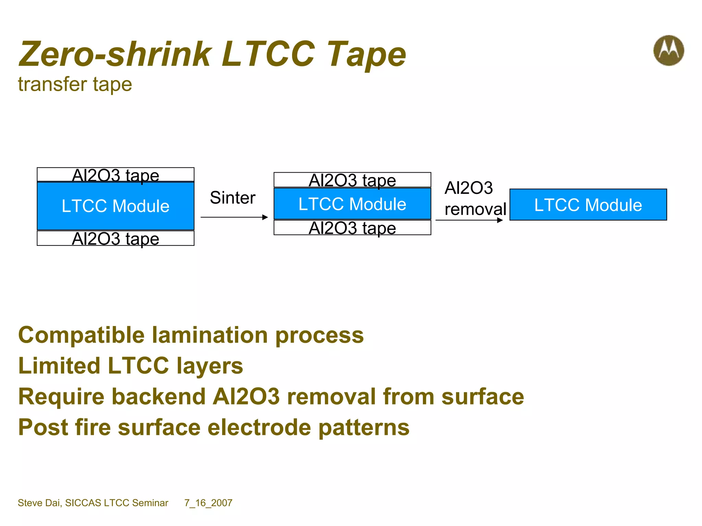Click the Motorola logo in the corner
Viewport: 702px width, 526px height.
coord(668,50)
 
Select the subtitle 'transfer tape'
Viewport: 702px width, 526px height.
coord(75,84)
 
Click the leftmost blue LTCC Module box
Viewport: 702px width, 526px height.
coord(116,206)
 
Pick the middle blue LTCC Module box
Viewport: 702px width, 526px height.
coord(352,204)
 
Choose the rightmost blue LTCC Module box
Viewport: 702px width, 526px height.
coord(588,205)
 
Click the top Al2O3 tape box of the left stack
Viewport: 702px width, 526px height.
coord(116,175)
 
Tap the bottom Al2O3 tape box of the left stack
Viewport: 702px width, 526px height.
coord(116,238)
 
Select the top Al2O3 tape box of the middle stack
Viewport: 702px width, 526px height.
coord(352,180)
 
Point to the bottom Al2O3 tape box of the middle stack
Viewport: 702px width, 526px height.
coord(352,228)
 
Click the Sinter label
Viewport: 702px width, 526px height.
coord(232,198)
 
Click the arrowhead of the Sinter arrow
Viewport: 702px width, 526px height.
coord(265,217)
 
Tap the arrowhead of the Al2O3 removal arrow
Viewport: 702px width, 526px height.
coord(500,220)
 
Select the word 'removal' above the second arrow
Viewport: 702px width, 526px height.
coord(475,209)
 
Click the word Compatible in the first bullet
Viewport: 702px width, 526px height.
coord(81,335)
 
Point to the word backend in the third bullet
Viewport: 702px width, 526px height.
coord(158,397)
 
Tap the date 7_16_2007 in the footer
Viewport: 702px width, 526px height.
coord(208,503)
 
